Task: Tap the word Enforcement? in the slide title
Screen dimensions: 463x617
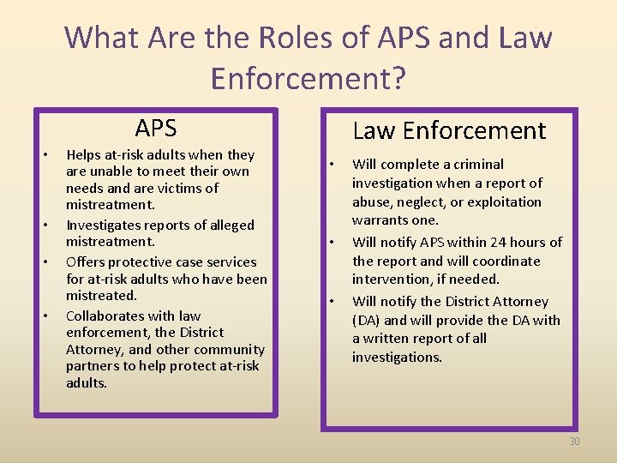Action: (x=308, y=78)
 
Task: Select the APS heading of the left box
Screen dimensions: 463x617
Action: (x=155, y=129)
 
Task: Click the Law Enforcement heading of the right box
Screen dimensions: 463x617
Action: (x=449, y=130)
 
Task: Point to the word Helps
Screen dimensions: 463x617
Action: (x=84, y=155)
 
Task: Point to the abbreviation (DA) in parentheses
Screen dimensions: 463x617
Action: (x=369, y=321)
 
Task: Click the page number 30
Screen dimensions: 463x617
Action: (x=574, y=441)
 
